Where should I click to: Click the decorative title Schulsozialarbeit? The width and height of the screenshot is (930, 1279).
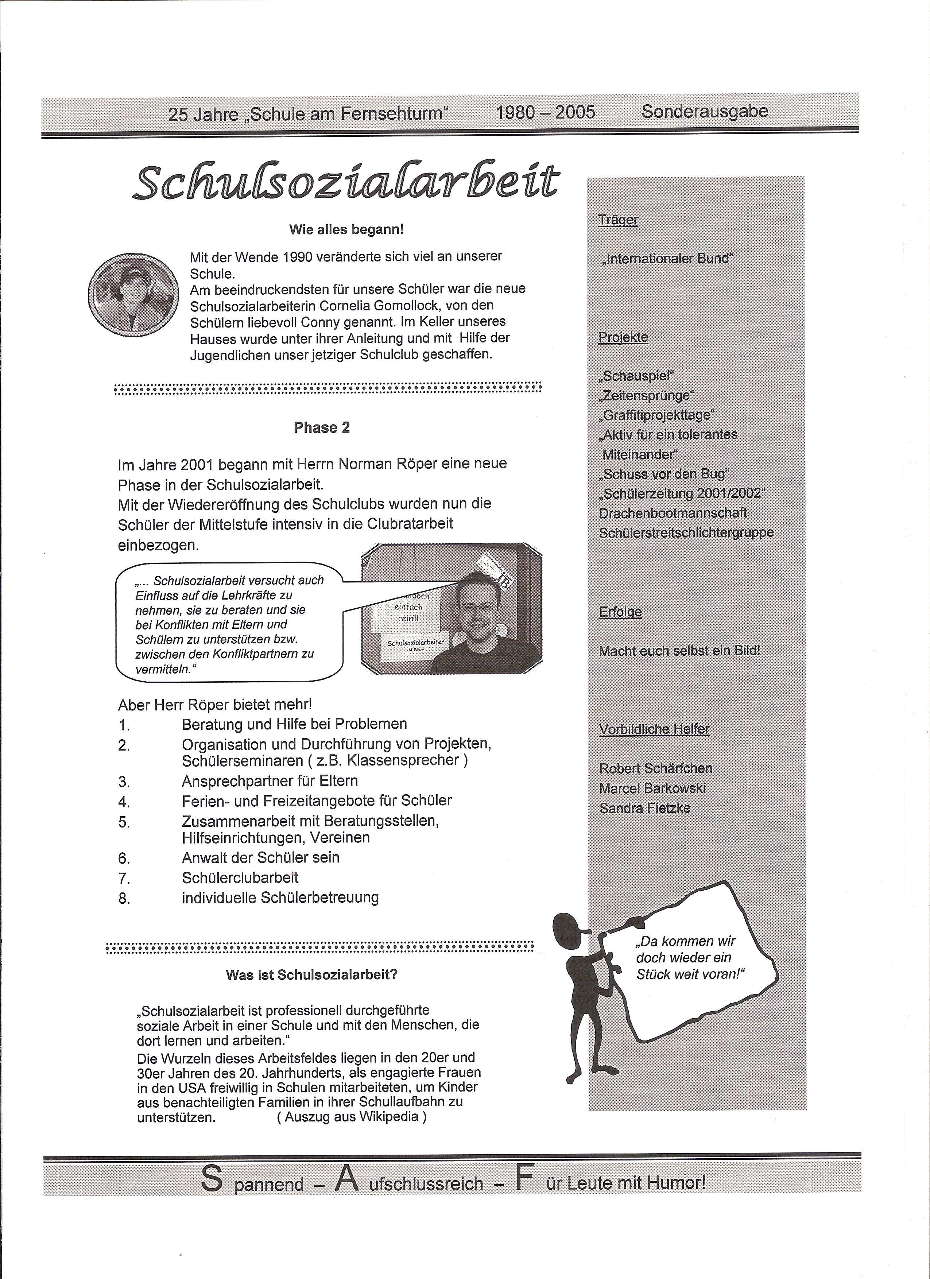coord(346,182)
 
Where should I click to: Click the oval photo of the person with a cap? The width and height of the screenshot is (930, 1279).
coord(132,293)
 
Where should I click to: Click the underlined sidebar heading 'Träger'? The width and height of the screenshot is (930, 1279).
coord(618,220)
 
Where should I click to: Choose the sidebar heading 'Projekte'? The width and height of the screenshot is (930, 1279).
coord(623,337)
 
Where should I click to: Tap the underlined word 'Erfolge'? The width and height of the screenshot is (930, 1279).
coord(620,612)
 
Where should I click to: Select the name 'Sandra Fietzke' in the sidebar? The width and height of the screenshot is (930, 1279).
coord(645,808)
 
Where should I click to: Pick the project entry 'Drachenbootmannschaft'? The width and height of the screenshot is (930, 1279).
coord(673,513)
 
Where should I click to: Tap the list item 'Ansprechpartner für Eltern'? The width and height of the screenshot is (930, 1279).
coord(270,781)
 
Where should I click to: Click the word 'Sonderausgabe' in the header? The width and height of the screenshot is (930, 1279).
coord(704,111)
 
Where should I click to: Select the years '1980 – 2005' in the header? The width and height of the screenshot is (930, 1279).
coord(545,112)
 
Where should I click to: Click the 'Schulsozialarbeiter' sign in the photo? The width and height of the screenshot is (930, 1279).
coord(416,642)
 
